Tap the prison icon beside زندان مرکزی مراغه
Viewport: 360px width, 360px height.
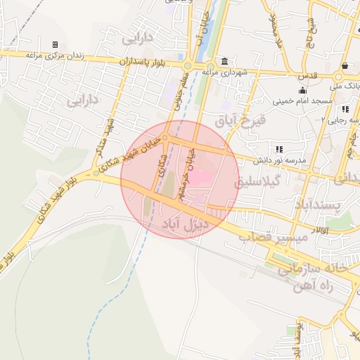click(x=55, y=45)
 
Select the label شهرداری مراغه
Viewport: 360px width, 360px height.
click(x=224, y=72)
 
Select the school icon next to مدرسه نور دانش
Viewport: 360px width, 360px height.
click(x=279, y=149)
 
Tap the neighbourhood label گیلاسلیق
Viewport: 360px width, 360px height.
click(x=280, y=181)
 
